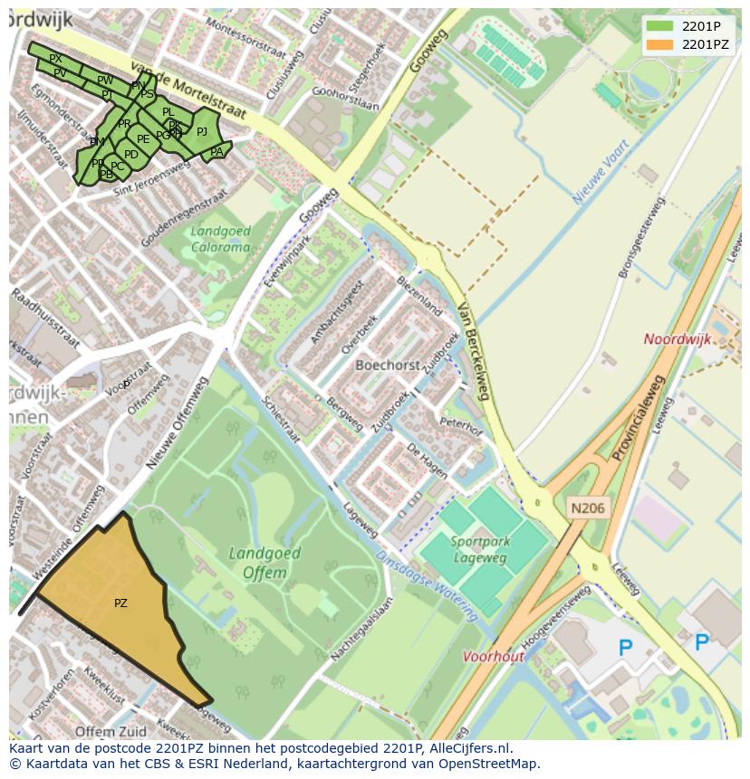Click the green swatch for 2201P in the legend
click(x=659, y=25)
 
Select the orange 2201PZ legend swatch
click(x=659, y=44)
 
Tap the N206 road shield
click(x=587, y=508)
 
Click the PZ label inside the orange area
click(x=120, y=603)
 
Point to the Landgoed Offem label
click(x=258, y=563)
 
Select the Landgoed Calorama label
click(x=220, y=239)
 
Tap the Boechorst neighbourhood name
click(x=388, y=366)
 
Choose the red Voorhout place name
click(x=494, y=657)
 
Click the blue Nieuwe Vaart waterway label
click(x=601, y=171)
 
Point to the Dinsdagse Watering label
click(x=427, y=587)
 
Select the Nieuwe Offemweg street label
click(x=178, y=423)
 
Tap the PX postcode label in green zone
click(x=55, y=59)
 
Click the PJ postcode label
click(x=202, y=132)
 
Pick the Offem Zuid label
click(x=111, y=731)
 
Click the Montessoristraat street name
click(x=245, y=39)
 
